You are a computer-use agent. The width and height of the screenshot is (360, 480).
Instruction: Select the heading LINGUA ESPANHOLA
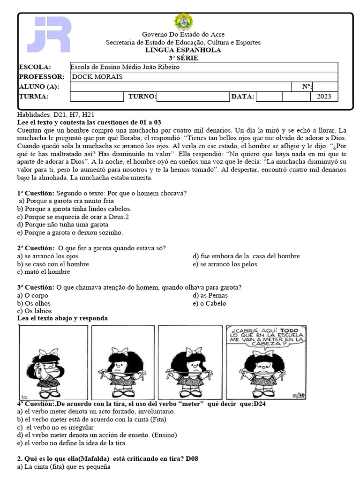pos(183,50)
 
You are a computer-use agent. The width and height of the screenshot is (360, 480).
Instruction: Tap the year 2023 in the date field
pos(323,97)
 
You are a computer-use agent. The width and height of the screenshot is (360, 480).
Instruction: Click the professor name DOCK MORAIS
pos(97,77)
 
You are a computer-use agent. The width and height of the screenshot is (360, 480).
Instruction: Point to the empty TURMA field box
pos(96,97)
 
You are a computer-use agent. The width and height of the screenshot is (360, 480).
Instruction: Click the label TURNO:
pos(142,97)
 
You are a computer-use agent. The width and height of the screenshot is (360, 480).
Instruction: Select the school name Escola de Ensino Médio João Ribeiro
pos(125,67)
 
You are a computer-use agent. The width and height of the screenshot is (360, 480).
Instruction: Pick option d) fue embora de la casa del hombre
pos(246,256)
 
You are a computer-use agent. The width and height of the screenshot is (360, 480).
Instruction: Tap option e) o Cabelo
pos(210,303)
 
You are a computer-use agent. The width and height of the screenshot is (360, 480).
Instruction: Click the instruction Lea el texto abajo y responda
pos(62,318)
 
